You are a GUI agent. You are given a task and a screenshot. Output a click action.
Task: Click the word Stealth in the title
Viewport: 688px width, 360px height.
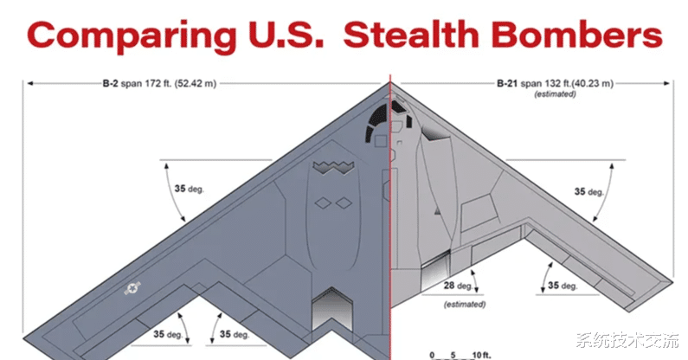410,35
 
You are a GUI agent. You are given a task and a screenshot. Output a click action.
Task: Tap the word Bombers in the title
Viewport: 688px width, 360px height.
576,35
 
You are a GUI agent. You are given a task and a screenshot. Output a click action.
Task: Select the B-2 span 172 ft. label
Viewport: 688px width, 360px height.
159,83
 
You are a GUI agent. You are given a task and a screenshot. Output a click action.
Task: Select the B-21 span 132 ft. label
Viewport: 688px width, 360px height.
555,83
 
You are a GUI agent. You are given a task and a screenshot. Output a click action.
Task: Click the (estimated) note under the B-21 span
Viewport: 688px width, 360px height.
555,94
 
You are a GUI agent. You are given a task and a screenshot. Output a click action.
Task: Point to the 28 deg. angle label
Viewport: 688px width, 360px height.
458,286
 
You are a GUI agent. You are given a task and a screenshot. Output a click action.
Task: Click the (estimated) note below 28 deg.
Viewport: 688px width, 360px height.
465,304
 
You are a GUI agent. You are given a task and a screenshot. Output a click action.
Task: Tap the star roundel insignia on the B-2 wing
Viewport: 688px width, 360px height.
132,288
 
